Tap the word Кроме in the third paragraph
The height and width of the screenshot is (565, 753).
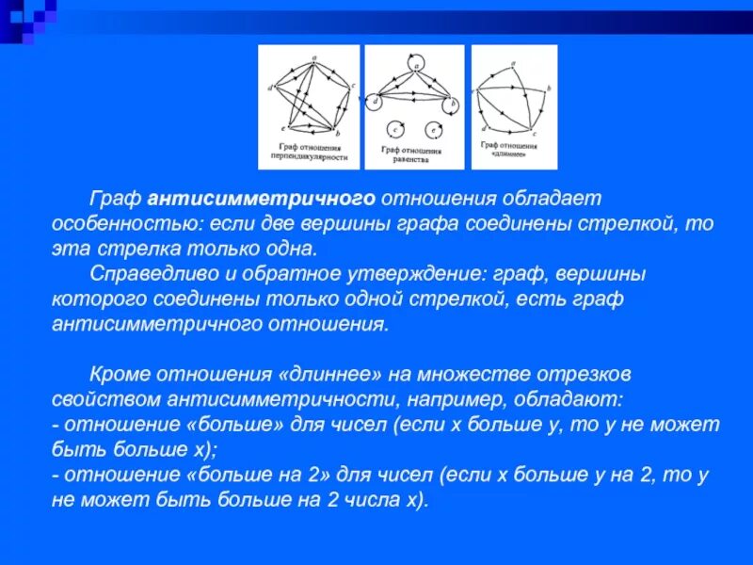tap(120, 372)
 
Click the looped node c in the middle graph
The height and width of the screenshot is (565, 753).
tap(397, 130)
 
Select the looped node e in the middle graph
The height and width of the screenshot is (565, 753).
tap(434, 130)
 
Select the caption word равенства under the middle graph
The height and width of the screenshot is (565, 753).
tap(412, 160)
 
